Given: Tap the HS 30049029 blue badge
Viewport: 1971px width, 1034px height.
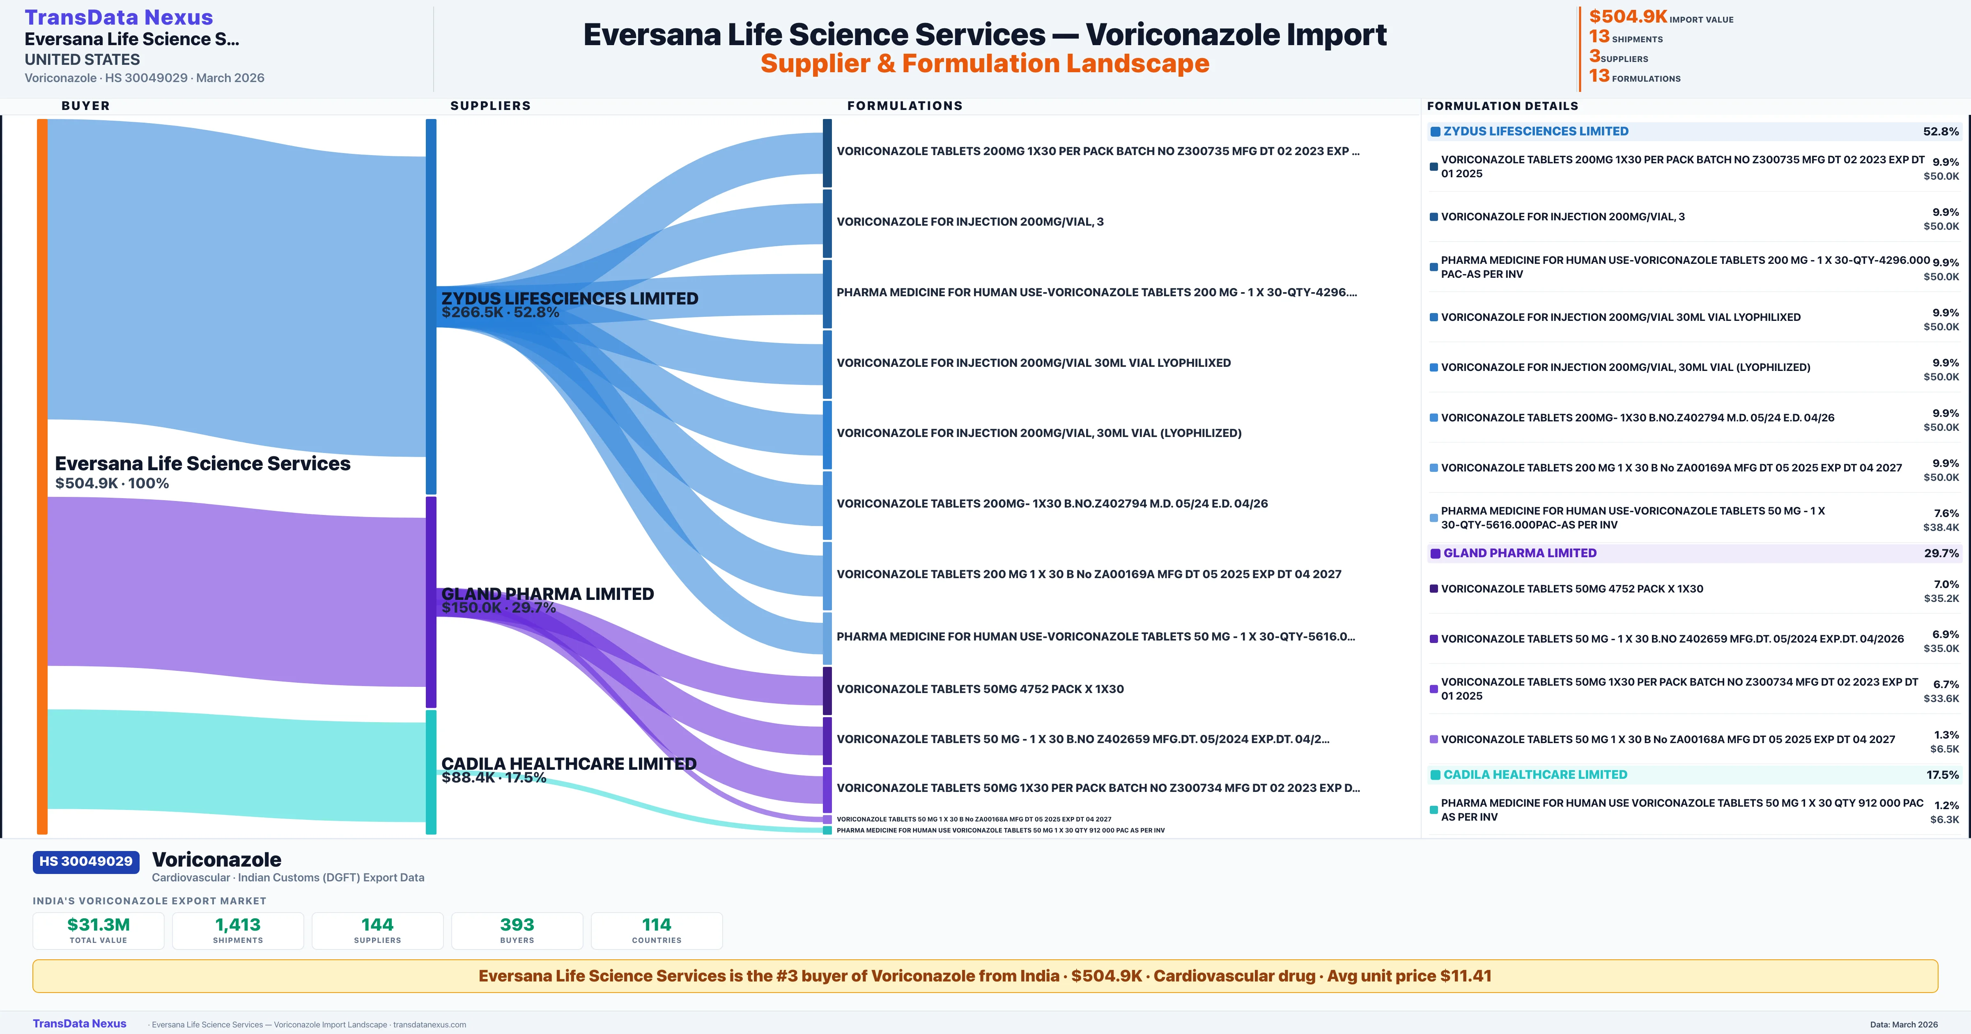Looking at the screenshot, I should tap(86, 861).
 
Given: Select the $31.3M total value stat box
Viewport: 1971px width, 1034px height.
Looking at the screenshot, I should tap(98, 930).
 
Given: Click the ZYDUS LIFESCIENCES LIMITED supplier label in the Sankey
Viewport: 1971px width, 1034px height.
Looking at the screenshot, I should tap(569, 298).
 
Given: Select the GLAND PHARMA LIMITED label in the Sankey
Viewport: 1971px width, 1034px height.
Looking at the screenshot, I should tap(547, 593).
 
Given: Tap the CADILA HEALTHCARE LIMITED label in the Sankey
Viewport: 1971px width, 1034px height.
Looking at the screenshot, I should tap(568, 763).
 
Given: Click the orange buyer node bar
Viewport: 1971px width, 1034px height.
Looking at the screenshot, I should tap(42, 474).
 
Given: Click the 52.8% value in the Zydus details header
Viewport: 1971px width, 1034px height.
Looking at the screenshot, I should tap(1940, 132).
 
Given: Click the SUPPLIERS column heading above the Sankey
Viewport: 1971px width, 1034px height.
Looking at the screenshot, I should tap(490, 105).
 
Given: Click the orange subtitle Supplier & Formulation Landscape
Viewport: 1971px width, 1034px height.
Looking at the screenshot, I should tap(985, 64).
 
